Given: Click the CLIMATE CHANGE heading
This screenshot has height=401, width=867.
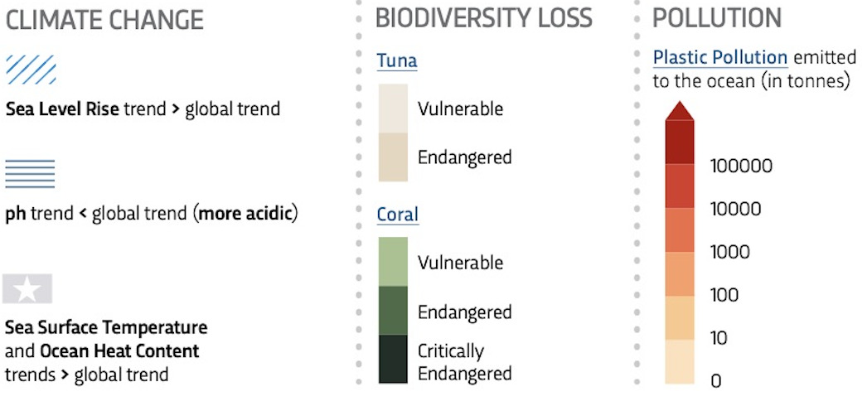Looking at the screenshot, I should [104, 19].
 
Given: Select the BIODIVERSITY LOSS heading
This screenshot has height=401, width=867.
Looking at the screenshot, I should [483, 17].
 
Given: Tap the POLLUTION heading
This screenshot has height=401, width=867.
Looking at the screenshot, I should [717, 17].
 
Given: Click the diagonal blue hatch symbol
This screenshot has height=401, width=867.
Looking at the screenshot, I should [31, 70].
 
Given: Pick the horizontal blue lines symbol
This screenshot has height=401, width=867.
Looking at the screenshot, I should [30, 174].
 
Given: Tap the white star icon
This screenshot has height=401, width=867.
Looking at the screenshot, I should [27, 289].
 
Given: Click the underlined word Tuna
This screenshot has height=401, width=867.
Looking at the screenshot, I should [397, 60].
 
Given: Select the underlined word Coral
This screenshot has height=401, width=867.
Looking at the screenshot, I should [398, 215].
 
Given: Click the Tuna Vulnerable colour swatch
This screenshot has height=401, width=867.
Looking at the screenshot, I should [393, 108].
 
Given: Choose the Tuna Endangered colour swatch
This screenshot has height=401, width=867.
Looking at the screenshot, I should [393, 157].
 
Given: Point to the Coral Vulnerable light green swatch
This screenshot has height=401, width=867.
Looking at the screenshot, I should [393, 262].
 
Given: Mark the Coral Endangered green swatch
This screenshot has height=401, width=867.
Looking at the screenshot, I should [393, 311].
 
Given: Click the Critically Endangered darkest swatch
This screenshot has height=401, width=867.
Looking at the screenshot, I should [393, 359].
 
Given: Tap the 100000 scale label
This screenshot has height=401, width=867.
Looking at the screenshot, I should [741, 167].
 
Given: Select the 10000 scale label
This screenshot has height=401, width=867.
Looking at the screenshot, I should [736, 209].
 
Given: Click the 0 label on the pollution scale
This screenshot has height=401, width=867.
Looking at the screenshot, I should [716, 381].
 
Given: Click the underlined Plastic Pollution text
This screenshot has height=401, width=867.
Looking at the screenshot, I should [720, 58].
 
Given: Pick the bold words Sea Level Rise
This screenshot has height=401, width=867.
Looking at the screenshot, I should [62, 109].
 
